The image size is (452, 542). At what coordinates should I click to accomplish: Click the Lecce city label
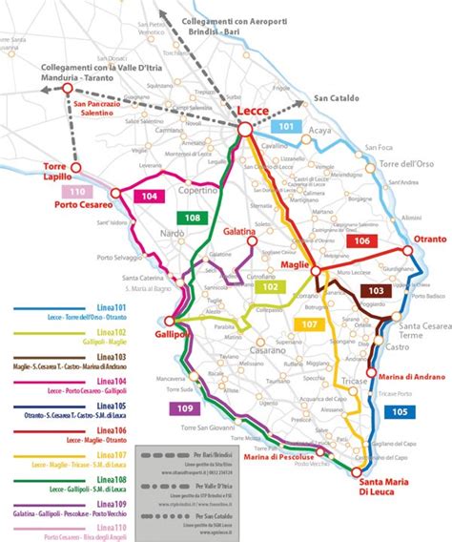pyautogui.click(x=255, y=111)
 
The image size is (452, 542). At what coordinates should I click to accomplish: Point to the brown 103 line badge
pyautogui.click(x=376, y=290)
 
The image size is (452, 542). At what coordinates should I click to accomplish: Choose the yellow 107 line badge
pyautogui.click(x=308, y=324)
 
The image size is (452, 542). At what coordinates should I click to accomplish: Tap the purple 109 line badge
pyautogui.click(x=187, y=408)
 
